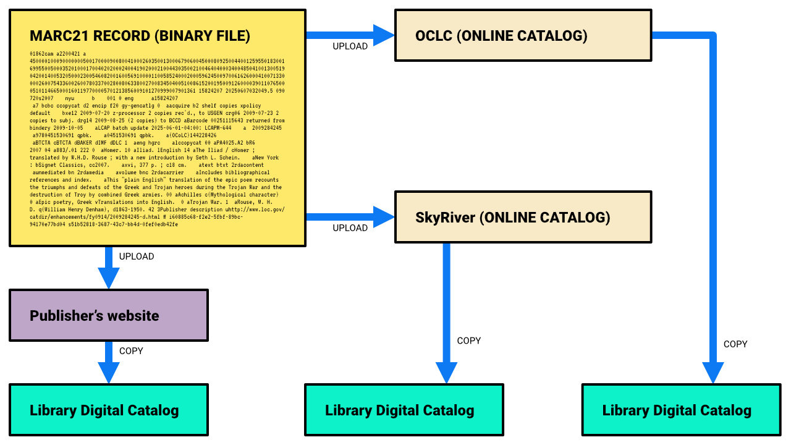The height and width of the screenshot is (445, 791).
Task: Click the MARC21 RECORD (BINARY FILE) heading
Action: (140, 36)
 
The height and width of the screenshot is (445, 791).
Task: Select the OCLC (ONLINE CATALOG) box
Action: (523, 35)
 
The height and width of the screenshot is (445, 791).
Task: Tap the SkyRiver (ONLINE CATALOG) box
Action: (523, 217)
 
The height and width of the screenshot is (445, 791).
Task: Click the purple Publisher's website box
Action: (109, 315)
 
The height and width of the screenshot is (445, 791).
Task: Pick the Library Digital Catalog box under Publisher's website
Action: (109, 410)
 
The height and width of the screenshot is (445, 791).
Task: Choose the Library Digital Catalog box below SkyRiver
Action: (404, 410)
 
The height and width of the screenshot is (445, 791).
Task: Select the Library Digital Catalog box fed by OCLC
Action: (681, 410)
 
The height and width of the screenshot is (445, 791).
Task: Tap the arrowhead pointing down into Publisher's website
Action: (109, 278)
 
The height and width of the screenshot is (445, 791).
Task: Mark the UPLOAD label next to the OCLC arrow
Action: (350, 46)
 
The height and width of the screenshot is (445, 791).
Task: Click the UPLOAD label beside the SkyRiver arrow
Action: (350, 228)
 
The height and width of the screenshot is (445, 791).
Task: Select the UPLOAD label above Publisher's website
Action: (137, 256)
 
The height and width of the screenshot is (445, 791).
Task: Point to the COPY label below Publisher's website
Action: (131, 350)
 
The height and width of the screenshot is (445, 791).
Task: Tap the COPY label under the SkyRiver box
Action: (468, 341)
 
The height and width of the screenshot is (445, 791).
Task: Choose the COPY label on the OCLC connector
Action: (735, 344)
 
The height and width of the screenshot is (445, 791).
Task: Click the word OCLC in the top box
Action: (434, 35)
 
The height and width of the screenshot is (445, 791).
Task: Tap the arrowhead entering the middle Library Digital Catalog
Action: (446, 373)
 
